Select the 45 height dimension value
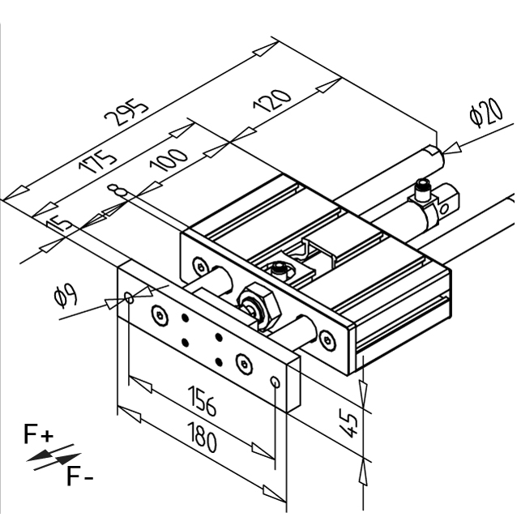pyautogui.click(x=349, y=423)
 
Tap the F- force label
pyautogui.click(x=79, y=476)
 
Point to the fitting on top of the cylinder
pyautogui.click(x=423, y=191)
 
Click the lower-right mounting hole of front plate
pyautogui.click(x=276, y=382)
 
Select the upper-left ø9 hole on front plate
pyautogui.click(x=129, y=299)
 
